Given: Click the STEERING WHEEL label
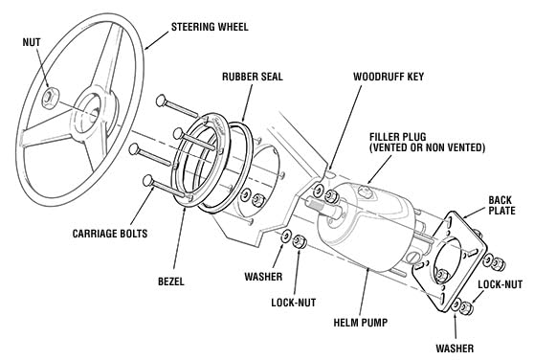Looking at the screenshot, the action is coord(210,27).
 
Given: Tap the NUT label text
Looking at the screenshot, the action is coord(32,42).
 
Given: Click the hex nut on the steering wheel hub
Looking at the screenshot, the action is coord(51,98).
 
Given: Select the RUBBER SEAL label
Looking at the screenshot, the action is coord(253,77).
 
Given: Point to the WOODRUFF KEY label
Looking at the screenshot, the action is coord(389,77).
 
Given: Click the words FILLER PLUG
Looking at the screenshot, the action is coord(398,137).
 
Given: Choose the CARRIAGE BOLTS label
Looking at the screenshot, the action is coord(110,234).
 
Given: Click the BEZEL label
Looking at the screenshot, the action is coord(171,281).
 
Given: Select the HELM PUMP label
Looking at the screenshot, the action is coord(361,323).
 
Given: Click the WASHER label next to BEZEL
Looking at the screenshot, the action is coord(263,277).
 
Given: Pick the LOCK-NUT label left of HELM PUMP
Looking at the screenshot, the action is coord(294,303).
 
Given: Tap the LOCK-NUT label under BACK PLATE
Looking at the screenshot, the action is coord(500,284).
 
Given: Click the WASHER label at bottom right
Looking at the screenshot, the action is coord(455,349).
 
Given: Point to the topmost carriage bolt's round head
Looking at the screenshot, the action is coord(161,101).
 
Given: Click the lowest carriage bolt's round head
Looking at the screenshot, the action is coord(148,181).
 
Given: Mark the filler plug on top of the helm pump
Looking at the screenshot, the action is coord(365,191).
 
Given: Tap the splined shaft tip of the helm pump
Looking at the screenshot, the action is coord(314,205).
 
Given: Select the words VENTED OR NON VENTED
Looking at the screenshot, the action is coord(427,147).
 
